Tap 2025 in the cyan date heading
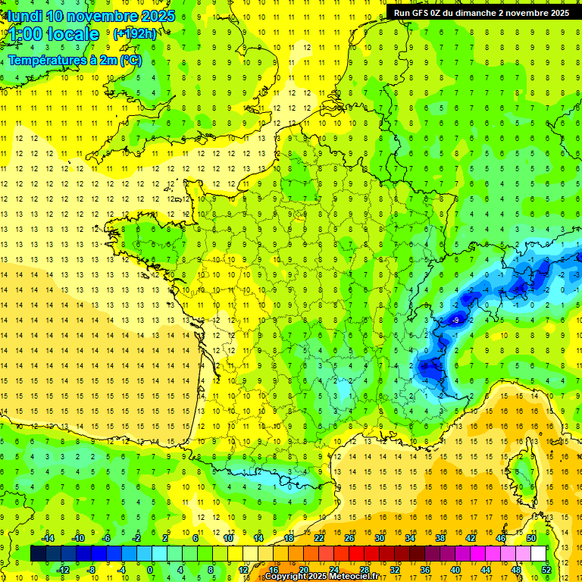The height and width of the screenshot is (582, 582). point(157,16)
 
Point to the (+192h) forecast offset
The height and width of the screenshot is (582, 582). point(135,34)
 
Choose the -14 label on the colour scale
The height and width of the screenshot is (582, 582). point(48,537)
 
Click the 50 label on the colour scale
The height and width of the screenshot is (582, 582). point(531,537)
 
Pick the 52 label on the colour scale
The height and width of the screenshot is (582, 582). point(546,569)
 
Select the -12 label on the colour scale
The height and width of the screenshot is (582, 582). point(63,569)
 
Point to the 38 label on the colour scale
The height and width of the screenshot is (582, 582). point(440,537)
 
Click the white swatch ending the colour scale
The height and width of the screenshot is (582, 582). point(538,553)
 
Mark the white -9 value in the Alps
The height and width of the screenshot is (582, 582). point(455,321)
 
